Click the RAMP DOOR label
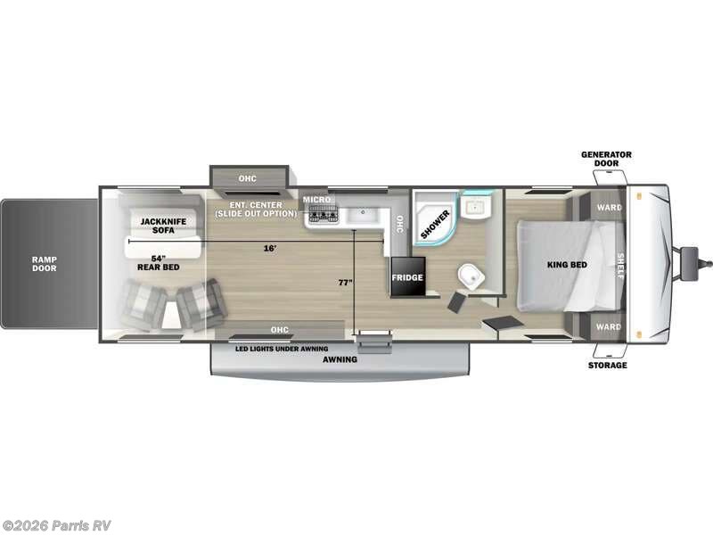point(45,263)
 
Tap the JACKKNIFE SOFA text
point(155,225)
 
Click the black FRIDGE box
point(406,276)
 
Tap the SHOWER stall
point(436,215)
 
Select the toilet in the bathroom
point(470,276)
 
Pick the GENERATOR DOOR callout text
point(606,159)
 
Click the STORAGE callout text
point(607,365)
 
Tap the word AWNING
point(340,359)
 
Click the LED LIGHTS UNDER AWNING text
point(282,348)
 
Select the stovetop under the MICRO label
point(323,214)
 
